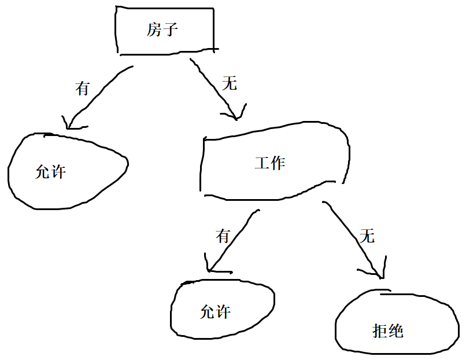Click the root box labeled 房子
(x=165, y=30)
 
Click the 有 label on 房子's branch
(x=83, y=89)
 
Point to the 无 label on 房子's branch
(x=230, y=84)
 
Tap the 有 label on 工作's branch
(x=223, y=236)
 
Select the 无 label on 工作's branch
(x=367, y=236)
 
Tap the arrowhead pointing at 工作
(x=235, y=113)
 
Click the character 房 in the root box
(x=154, y=30)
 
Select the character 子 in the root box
(x=170, y=30)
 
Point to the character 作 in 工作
(x=278, y=163)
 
